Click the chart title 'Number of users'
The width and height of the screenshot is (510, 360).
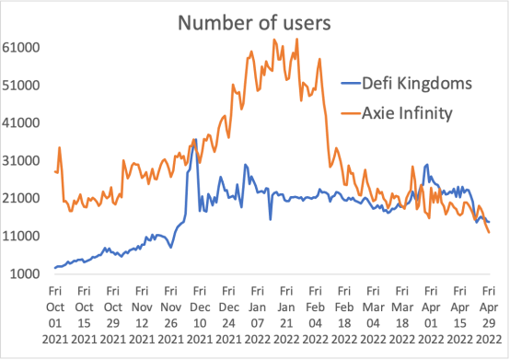(x=254, y=23)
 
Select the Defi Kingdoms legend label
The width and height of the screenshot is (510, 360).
(x=417, y=84)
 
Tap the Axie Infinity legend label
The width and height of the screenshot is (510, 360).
(x=407, y=113)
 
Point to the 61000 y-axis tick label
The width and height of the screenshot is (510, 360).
(x=21, y=48)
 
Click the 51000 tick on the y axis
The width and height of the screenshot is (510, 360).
(x=21, y=86)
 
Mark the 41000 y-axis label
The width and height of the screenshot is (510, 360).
(x=21, y=123)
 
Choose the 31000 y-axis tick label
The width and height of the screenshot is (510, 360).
(x=21, y=160)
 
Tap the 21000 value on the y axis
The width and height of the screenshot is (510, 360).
(x=21, y=198)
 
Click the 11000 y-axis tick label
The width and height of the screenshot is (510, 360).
(x=21, y=236)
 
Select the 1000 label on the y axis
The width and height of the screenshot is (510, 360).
(x=25, y=273)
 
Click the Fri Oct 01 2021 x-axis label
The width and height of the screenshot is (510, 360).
(x=55, y=315)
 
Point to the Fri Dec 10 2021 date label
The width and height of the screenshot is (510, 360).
(x=200, y=315)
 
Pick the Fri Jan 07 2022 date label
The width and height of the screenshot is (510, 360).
(x=257, y=315)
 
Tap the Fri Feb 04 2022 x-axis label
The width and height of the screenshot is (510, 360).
(x=315, y=315)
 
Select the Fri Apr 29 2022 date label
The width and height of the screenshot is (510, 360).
(x=489, y=315)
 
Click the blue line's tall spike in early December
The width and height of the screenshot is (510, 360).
(x=196, y=140)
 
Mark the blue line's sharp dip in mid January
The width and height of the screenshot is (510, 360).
(x=271, y=219)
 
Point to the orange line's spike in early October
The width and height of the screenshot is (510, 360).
(x=60, y=147)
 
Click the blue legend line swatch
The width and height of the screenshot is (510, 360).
(x=351, y=84)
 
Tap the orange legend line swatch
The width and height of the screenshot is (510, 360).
(x=351, y=113)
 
